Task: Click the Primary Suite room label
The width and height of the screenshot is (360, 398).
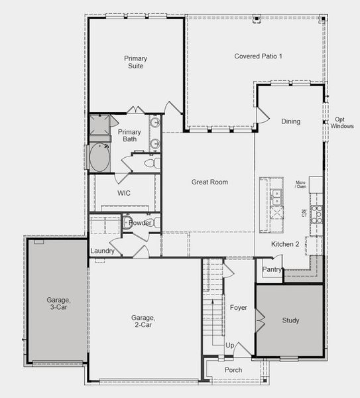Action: [135, 62]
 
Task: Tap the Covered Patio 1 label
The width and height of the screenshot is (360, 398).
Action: [258, 56]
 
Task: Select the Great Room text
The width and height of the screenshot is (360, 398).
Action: [210, 182]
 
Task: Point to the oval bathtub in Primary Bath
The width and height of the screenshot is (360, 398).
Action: [101, 158]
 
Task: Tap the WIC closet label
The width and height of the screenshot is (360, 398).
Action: [124, 193]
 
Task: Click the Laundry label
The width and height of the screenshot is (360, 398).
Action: [103, 251]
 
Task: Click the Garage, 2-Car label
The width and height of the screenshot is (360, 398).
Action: [143, 322]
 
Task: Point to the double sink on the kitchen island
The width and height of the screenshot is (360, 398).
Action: [276, 197]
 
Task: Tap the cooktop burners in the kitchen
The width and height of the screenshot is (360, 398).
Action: [317, 213]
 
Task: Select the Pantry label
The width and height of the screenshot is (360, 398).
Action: [272, 269]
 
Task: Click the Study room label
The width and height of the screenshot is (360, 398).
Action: [290, 320]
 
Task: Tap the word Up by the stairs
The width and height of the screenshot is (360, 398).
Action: [230, 346]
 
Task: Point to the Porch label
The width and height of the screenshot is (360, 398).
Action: [233, 370]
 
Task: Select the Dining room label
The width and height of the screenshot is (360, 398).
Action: [290, 121]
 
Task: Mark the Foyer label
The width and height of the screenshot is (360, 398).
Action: [238, 308]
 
